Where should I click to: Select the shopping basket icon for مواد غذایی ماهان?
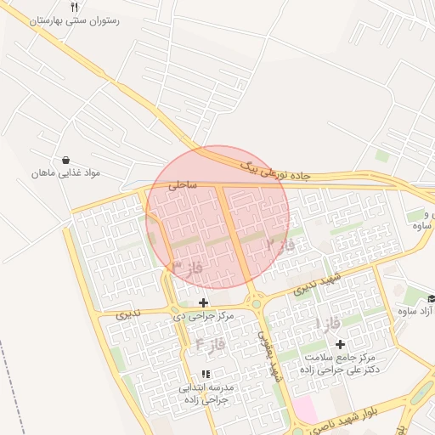click(x=65, y=160)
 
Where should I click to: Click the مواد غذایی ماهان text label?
click(x=66, y=172)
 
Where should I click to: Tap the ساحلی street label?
click(x=182, y=183)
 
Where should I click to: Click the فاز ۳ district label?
click(x=187, y=267)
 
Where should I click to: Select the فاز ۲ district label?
click(x=280, y=245)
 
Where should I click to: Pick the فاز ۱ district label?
click(x=328, y=324)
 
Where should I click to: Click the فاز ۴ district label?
click(x=209, y=343)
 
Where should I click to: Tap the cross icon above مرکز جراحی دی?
click(x=203, y=302)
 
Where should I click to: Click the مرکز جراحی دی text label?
click(x=203, y=315)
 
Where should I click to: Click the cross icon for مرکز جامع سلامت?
click(x=341, y=344)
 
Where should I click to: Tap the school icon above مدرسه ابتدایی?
click(x=206, y=374)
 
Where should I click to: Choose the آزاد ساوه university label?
click(x=415, y=311)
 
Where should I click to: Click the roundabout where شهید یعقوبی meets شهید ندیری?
click(x=254, y=302)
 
